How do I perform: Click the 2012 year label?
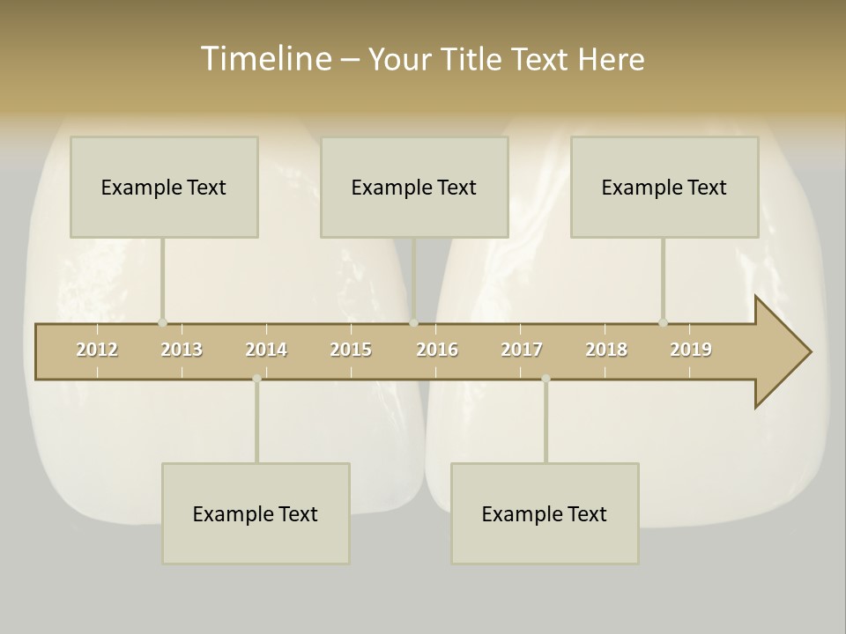[97, 350]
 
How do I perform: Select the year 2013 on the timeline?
[182, 350]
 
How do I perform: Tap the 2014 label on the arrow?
[266, 350]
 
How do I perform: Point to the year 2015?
[351, 350]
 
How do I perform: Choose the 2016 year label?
[437, 350]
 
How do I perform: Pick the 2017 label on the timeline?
[522, 350]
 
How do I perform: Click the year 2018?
[606, 350]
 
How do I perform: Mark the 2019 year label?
[691, 350]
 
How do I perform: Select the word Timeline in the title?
[265, 59]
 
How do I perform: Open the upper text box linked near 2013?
[164, 187]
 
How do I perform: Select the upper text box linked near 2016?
[414, 187]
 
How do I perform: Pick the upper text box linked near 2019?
[664, 187]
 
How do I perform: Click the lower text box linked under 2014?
[256, 513]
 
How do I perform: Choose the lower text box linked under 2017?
[545, 513]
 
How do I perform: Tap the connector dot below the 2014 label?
[256, 379]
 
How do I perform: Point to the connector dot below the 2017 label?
[545, 379]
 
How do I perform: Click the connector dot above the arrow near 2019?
[663, 322]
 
